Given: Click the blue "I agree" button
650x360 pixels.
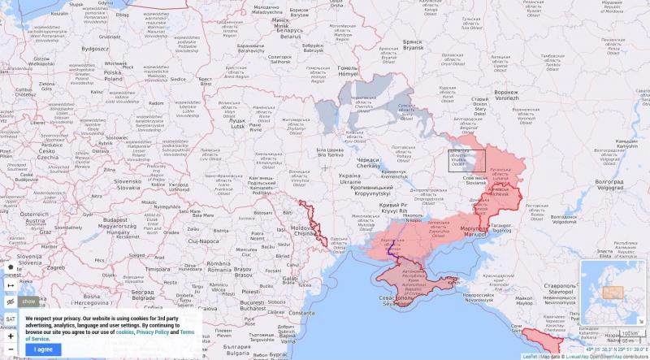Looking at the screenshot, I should pos(43,349).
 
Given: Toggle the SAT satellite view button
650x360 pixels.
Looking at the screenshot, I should pos(11,319).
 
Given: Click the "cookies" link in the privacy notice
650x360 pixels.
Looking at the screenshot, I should pos(125,332).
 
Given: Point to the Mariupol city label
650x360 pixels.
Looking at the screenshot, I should pos(473,230).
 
